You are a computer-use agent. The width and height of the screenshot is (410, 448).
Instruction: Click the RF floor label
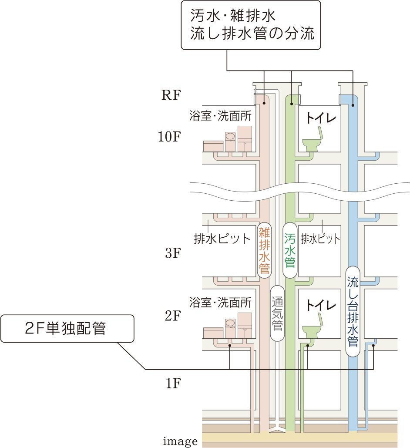point(170,95)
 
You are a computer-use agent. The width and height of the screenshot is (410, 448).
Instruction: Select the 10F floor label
point(169,137)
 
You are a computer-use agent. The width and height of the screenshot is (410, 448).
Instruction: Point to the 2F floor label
point(172,316)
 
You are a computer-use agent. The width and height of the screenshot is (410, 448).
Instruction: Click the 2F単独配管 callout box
point(67,328)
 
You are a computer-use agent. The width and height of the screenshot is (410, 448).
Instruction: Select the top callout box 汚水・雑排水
point(251,24)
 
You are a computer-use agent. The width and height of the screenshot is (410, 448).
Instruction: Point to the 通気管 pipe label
point(277,313)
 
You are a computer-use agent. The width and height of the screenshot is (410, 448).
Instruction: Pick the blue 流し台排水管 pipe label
point(353,312)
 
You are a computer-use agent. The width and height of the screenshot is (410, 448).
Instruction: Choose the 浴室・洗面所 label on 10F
point(221,116)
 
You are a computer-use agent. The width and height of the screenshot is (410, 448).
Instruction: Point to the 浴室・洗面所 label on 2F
point(220,302)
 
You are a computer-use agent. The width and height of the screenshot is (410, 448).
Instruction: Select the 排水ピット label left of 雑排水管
point(222,239)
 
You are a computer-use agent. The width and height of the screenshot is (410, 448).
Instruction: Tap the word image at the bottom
point(180,442)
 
